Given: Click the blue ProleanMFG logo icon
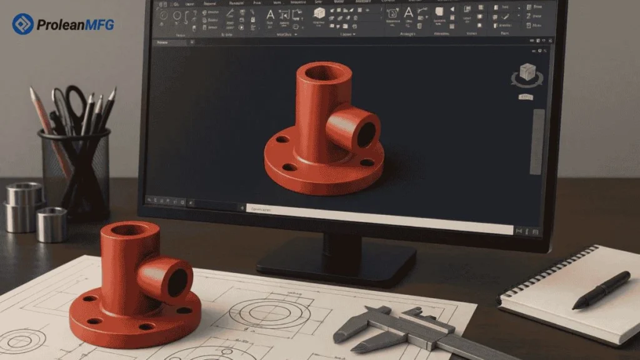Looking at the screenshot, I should coord(22,24).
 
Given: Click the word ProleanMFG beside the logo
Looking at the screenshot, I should coord(75,25).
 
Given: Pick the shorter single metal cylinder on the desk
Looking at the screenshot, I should coord(51,224).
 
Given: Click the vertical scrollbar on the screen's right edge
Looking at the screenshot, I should coord(537,141).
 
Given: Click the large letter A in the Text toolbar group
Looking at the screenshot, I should coord(270,15).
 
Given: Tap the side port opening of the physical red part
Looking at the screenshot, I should coord(177,282).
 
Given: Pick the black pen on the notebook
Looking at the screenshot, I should coord(601,289).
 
